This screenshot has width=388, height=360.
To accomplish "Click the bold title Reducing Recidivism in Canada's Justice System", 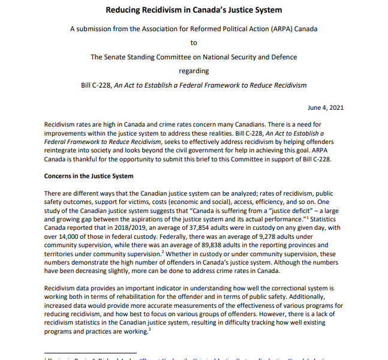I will [194, 10].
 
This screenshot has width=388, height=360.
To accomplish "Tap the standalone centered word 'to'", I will [194, 43].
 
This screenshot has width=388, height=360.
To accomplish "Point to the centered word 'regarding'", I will [194, 71].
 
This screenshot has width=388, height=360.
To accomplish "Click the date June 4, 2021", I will [325, 107].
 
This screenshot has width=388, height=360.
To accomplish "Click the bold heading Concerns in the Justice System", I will [89, 176].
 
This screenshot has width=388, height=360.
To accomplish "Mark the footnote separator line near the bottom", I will [90, 353].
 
